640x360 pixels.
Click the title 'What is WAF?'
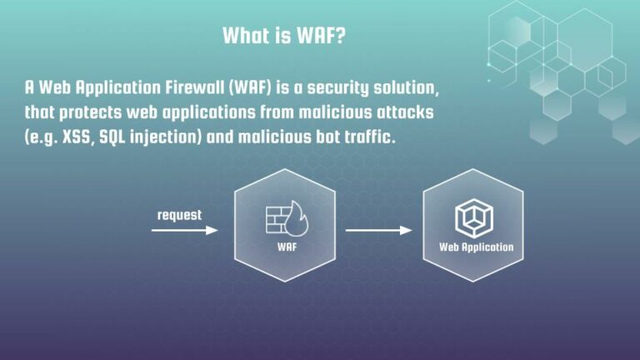coord(284,36)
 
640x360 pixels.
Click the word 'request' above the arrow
coord(179,214)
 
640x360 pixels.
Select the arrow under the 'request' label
coord(184,230)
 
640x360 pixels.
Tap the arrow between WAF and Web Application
coord(378,230)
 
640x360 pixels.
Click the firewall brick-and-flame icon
coord(284,217)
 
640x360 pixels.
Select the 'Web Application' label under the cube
coord(476,247)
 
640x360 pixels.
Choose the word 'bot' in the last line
coord(317,137)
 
